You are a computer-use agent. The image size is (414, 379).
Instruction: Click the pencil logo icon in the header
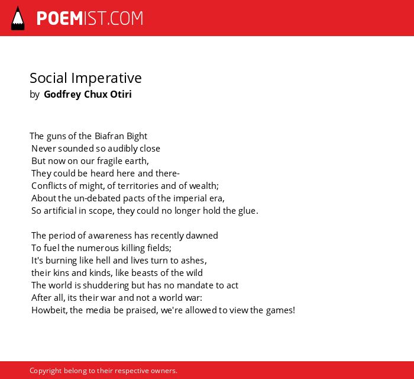18,18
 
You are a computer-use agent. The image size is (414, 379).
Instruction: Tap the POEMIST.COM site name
90,18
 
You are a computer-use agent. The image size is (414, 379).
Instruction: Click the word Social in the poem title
48,78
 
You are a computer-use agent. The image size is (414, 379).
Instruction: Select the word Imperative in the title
106,79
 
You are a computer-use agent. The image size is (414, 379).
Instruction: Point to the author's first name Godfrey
62,94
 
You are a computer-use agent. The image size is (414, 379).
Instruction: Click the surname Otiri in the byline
121,94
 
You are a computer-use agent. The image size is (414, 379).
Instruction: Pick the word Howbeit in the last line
48,310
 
